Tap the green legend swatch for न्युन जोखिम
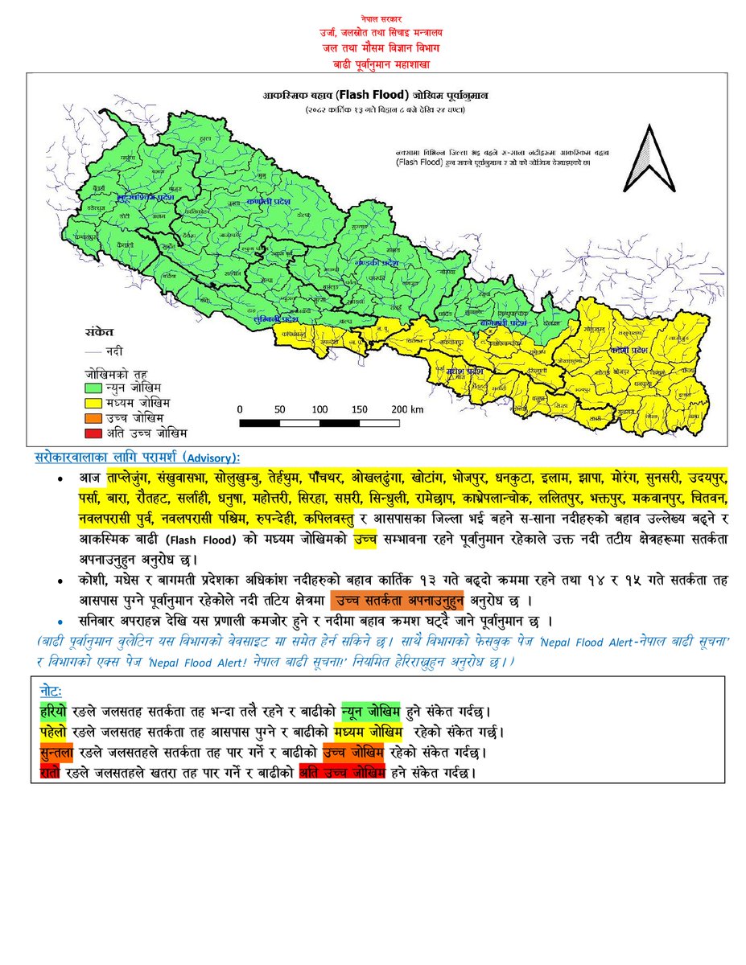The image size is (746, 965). [93, 388]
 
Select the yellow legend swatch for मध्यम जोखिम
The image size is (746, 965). [93, 402]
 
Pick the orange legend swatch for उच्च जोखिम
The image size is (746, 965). [93, 417]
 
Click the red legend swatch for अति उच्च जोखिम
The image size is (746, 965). [93, 432]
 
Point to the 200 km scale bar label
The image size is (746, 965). [406, 409]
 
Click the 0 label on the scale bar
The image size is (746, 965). [240, 409]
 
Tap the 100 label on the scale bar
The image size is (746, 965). [319, 409]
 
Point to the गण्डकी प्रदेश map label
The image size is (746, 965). [377, 263]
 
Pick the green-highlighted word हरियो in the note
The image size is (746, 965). [54, 712]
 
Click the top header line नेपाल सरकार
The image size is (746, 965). [373, 17]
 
